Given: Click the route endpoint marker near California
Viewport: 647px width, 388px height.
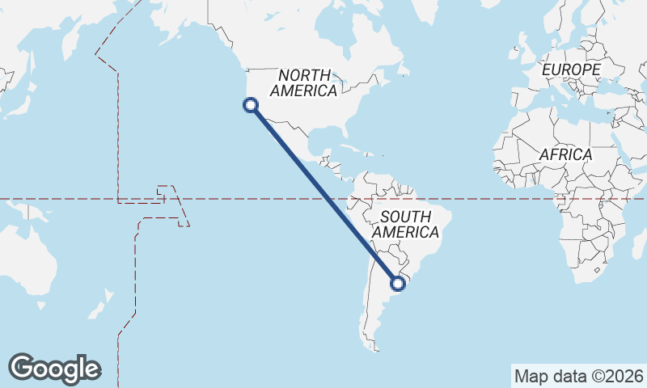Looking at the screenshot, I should (251, 104).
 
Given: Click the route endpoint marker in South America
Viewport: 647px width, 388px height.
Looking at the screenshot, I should (397, 283).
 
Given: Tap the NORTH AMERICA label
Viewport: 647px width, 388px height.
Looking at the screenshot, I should (307, 82).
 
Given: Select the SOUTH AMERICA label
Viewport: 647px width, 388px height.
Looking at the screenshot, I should (409, 224).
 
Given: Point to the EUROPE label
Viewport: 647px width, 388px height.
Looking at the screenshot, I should (571, 70).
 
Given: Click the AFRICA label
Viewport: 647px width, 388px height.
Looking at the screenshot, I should (565, 154).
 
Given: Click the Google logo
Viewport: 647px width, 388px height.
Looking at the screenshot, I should (54, 369).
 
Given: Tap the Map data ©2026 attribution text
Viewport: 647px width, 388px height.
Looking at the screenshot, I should (578, 376).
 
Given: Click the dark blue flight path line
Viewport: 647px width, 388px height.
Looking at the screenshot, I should (323, 193).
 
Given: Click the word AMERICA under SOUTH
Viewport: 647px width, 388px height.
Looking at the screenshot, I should (409, 232).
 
